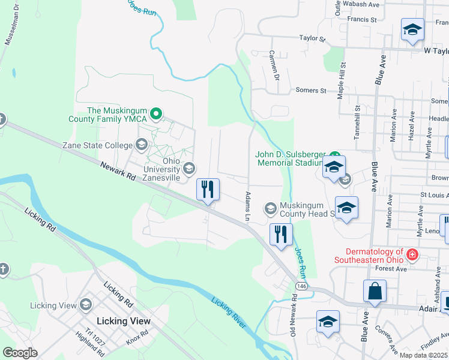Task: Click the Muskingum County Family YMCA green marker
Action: click(x=156, y=112)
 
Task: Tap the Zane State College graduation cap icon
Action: click(x=142, y=145)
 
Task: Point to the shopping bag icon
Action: click(x=375, y=292)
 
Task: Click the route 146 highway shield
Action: click(x=301, y=287)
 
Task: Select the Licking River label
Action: click(x=229, y=312)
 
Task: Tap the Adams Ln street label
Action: click(x=247, y=205)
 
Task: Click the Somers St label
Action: click(x=310, y=91)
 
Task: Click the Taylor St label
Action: click(x=312, y=38)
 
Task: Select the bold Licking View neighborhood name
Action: click(x=124, y=321)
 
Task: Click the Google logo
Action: click(x=20, y=353)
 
